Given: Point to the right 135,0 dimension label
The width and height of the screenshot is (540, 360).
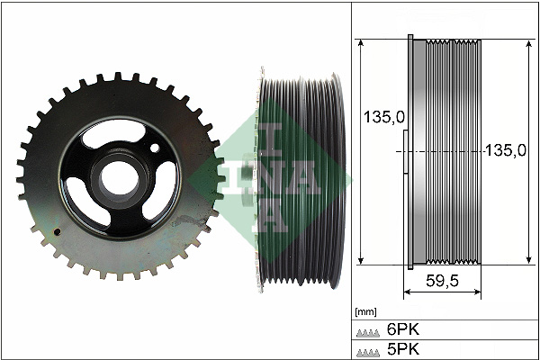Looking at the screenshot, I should click(x=504, y=151).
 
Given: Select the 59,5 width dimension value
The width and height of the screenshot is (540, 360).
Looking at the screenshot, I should click(x=442, y=281).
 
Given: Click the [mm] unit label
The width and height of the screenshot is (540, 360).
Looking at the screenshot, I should click(x=365, y=311).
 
